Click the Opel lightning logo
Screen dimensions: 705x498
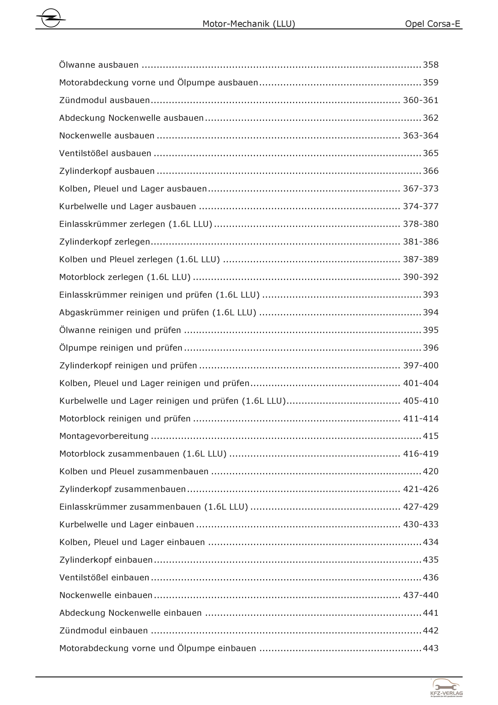pyautogui.click(x=51, y=18)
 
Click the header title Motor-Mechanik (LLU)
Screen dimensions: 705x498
pyautogui.click(x=249, y=24)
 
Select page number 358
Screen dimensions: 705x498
pyautogui.click(x=431, y=65)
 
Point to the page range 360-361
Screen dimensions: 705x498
pyautogui.click(x=420, y=100)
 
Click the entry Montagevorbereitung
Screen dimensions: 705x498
pyautogui.click(x=104, y=436)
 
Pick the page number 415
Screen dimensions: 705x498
pyautogui.click(x=431, y=436)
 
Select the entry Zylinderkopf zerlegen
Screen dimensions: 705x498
pyautogui.click(x=104, y=242)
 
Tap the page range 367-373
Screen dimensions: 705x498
pyautogui.click(x=420, y=189)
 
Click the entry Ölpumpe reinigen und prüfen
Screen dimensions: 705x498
pyautogui.click(x=121, y=348)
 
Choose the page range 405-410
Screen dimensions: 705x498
pyautogui.click(x=420, y=401)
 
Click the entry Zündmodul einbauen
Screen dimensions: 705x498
pyautogui.click(x=103, y=631)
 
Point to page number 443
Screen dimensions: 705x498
pyautogui.click(x=431, y=648)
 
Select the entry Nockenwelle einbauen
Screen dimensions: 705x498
pyautogui.click(x=106, y=595)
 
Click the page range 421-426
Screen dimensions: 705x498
pyautogui.click(x=420, y=489)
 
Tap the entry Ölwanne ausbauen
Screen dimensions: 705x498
pyautogui.click(x=99, y=65)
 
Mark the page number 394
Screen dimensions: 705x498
pyautogui.click(x=431, y=312)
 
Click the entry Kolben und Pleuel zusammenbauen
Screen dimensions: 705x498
pyautogui.click(x=134, y=471)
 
